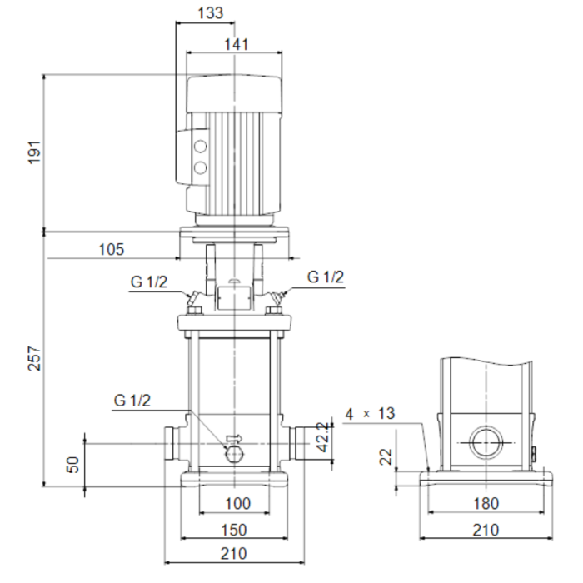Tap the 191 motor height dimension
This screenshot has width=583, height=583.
(33, 152)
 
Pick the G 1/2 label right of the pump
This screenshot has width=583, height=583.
(326, 277)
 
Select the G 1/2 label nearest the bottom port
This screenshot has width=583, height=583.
(132, 401)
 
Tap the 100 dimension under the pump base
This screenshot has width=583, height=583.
(237, 503)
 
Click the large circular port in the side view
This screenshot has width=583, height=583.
(486, 444)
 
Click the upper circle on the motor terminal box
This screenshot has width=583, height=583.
(201, 148)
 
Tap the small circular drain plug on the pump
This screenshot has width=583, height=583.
(234, 451)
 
